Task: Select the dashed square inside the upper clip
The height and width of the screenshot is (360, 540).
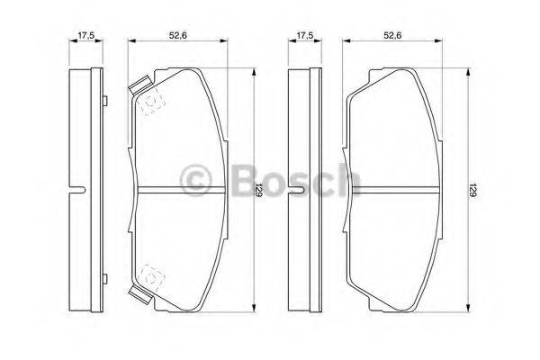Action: [x=148, y=103]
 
